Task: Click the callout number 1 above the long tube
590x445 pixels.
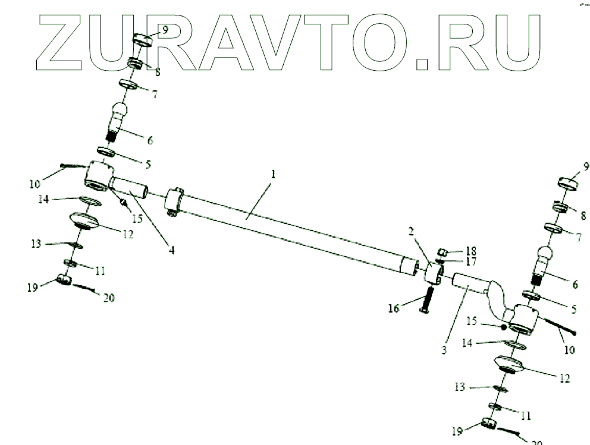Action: coord(273,175)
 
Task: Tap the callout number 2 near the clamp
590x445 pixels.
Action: coord(412,232)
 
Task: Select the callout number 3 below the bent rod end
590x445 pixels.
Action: coord(443,351)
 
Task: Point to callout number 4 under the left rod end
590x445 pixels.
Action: coord(171,250)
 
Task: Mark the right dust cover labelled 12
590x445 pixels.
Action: coord(509,364)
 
